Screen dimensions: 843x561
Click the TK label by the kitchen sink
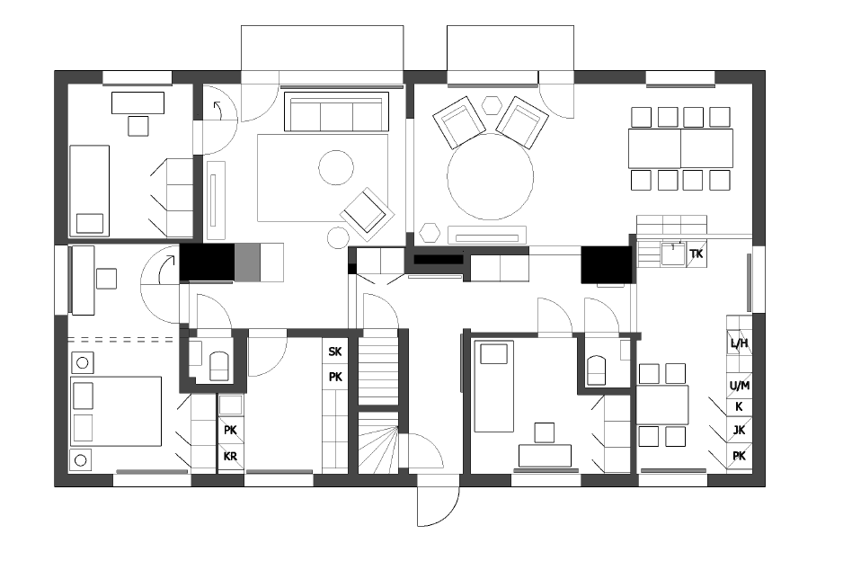(x=697, y=254)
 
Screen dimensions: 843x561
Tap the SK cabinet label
(x=335, y=352)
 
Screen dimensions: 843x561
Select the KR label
(x=230, y=457)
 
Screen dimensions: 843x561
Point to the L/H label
(x=740, y=343)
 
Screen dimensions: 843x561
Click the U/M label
(x=740, y=386)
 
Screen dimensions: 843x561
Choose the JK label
(x=740, y=431)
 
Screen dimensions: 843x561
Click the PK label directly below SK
(x=335, y=377)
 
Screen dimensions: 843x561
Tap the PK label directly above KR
(x=230, y=431)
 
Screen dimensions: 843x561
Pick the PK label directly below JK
(x=740, y=456)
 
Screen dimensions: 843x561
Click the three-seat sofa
(x=336, y=111)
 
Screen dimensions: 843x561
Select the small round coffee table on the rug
(x=336, y=167)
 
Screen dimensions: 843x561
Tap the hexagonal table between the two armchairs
(x=492, y=105)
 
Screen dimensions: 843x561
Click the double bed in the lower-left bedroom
(x=116, y=412)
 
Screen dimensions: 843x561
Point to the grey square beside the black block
(x=247, y=262)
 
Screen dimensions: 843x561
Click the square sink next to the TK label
(x=673, y=254)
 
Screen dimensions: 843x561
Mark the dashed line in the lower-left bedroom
(x=121, y=340)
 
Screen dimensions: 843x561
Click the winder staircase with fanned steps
(x=378, y=442)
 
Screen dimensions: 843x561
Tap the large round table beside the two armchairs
(x=491, y=176)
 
